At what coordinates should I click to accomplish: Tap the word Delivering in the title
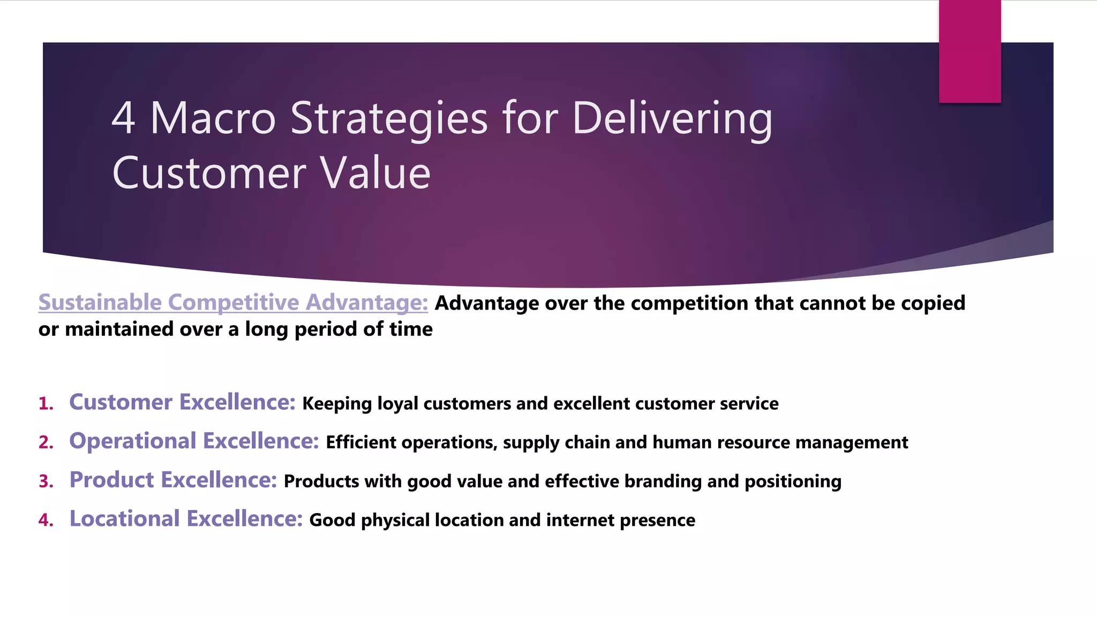click(x=672, y=119)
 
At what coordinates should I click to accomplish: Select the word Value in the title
click(x=375, y=174)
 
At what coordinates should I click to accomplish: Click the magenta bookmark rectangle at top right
click(x=970, y=51)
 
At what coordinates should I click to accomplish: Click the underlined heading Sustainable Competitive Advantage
click(x=233, y=303)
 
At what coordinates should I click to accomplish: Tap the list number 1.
click(x=46, y=404)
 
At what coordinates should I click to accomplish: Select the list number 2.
click(x=46, y=443)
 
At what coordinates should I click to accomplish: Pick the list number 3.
click(x=46, y=481)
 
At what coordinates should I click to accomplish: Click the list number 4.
click(x=46, y=521)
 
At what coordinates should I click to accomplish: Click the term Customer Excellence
click(x=182, y=402)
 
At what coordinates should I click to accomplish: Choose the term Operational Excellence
click(x=194, y=441)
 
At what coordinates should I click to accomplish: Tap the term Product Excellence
click(x=173, y=480)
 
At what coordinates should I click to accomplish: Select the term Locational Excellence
click(x=186, y=519)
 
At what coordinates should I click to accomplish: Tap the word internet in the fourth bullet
click(x=580, y=521)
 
